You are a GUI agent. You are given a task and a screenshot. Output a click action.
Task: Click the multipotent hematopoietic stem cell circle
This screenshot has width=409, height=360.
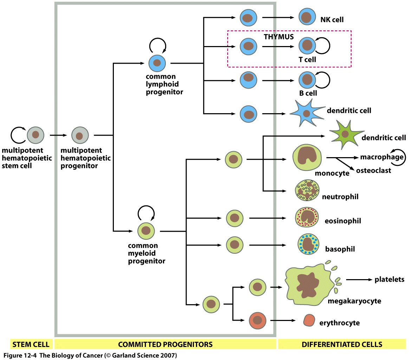[x=35, y=135]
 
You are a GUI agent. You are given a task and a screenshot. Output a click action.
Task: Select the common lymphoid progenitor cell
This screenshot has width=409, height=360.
[x=157, y=63]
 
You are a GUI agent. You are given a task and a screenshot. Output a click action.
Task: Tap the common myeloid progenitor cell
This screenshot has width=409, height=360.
[x=146, y=231]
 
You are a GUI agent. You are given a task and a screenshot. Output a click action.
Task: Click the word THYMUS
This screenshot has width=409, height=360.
[x=279, y=37]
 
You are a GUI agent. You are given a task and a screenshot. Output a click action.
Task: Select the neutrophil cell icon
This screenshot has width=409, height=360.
[x=307, y=190]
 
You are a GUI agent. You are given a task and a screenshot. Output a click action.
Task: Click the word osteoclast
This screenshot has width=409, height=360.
[x=374, y=171]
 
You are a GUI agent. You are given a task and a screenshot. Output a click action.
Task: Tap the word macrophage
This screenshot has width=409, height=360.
[x=382, y=157]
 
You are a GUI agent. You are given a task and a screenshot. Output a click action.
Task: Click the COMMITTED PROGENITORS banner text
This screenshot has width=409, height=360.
[x=165, y=344]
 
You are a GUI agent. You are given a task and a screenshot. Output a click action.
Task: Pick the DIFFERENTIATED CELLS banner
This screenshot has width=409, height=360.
[x=342, y=344]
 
